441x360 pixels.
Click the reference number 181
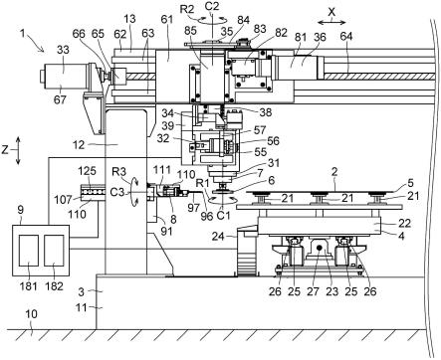[x=29, y=285]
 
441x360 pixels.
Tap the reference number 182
[x=54, y=285]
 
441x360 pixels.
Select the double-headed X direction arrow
[x=331, y=22]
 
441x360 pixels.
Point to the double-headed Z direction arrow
[x=18, y=150]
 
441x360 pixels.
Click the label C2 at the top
[x=211, y=7]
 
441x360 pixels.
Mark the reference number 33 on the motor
[x=63, y=50]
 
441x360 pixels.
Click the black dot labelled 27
[x=320, y=247]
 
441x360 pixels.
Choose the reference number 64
[x=346, y=37]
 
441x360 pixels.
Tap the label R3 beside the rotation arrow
[x=118, y=172]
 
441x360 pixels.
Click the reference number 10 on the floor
[x=31, y=313]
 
